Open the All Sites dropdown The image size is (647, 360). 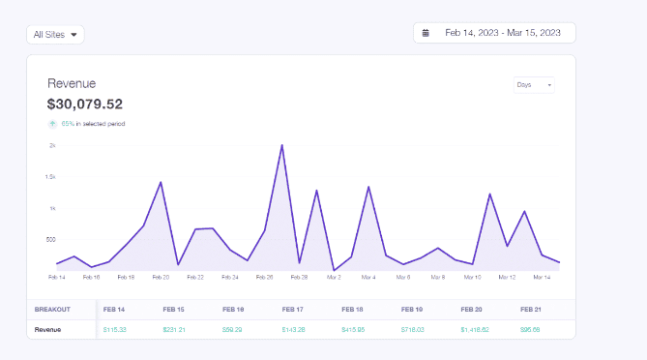tap(55, 35)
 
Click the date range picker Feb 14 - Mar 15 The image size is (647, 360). tap(494, 33)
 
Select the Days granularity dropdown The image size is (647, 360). tap(534, 85)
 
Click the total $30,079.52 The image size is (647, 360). tap(84, 104)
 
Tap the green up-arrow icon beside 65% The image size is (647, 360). tap(52, 124)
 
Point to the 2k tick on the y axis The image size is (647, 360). tap(52, 145)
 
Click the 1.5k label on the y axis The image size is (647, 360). tap(52, 177)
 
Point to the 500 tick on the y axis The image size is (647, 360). tap(52, 239)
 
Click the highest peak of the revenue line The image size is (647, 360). tap(281, 146)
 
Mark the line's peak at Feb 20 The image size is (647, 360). tap(161, 182)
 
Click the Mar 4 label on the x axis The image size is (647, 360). tap(368, 277)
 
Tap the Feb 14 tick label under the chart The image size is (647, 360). tap(57, 277)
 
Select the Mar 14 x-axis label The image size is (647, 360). tap(542, 277)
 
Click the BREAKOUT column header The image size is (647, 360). tap(51, 310)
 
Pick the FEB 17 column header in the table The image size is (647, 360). tap(293, 310)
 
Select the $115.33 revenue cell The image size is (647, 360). tap(115, 329)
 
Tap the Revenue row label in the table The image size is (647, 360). tap(47, 329)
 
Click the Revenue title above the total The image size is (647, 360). tap(72, 83)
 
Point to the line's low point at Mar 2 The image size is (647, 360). tap(334, 270)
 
